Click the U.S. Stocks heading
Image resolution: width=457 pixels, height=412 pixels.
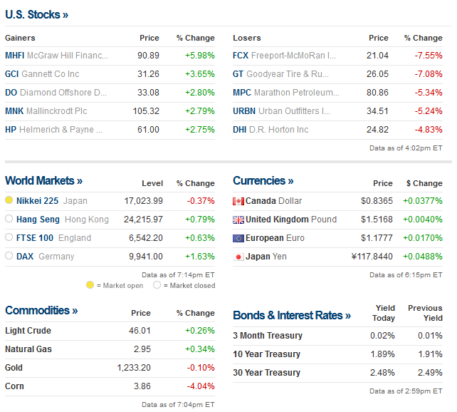point(36,14)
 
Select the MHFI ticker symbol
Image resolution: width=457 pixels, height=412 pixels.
point(14,56)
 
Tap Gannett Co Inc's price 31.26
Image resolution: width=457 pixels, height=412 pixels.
point(149,74)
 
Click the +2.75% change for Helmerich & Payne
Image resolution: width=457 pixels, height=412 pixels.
point(199,130)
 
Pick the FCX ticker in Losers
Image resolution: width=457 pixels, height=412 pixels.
point(241,56)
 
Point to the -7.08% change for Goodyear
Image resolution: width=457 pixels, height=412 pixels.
point(429,74)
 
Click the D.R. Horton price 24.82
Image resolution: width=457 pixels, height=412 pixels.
point(378,130)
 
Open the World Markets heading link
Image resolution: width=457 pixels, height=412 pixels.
point(43,181)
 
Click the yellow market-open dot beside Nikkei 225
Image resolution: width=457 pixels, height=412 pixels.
point(9,201)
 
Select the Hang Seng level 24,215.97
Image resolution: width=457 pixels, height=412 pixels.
point(143,220)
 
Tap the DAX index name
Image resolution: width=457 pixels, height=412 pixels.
point(26,257)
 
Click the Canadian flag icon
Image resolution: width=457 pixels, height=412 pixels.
point(238,201)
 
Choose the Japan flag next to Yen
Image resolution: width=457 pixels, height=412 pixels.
point(238,257)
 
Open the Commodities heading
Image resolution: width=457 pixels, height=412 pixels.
point(41,311)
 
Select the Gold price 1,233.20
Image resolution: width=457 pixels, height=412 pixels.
point(135,368)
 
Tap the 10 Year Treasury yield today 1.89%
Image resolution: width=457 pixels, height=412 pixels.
point(383,354)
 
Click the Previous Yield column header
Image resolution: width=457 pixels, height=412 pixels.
point(425,313)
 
